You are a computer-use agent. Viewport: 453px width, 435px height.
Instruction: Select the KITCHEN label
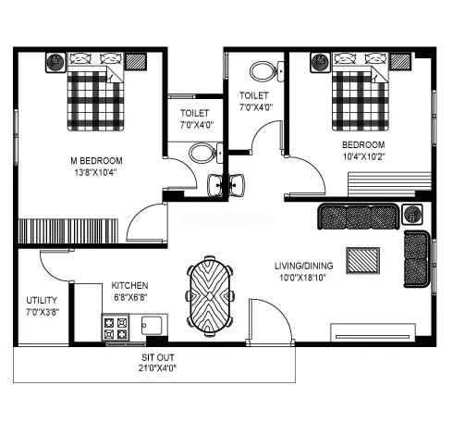pos(130,285)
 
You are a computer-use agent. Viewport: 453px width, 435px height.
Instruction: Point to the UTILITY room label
pos(42,301)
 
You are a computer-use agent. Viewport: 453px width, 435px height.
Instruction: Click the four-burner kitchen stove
pos(116,327)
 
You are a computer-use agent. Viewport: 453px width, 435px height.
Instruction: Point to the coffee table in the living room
pos(361,259)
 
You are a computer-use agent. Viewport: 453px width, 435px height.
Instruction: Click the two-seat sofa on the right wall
pos(417,258)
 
